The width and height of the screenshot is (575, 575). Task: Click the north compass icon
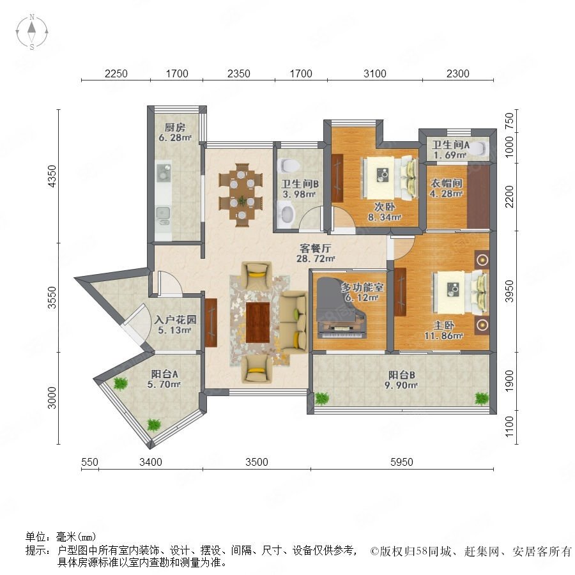pyautogui.click(x=32, y=32)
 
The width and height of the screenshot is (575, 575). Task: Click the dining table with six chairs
pyautogui.click(x=241, y=195)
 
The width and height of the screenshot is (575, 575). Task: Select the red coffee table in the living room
pyautogui.click(x=258, y=323)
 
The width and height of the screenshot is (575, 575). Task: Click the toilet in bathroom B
pyautogui.click(x=289, y=165)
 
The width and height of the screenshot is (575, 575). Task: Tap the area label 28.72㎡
pyautogui.click(x=316, y=259)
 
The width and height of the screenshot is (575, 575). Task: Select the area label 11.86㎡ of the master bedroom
pyautogui.click(x=444, y=335)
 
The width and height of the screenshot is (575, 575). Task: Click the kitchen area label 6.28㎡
pyautogui.click(x=175, y=138)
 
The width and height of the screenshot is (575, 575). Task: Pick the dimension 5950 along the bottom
pyautogui.click(x=402, y=462)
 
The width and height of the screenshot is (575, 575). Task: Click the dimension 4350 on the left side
pyautogui.click(x=52, y=176)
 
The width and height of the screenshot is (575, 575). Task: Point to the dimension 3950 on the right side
pyautogui.click(x=509, y=291)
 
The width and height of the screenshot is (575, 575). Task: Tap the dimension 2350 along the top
pyautogui.click(x=239, y=73)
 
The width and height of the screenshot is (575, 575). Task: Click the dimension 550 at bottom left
pyautogui.click(x=89, y=462)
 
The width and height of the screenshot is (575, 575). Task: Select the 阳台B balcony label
pyautogui.click(x=402, y=375)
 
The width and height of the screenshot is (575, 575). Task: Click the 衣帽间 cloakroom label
pyautogui.click(x=446, y=183)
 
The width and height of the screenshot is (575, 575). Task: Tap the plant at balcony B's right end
pyautogui.click(x=482, y=398)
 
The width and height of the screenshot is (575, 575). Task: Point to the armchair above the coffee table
pyautogui.click(x=256, y=275)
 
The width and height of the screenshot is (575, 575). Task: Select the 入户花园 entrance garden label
pyautogui.click(x=175, y=320)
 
